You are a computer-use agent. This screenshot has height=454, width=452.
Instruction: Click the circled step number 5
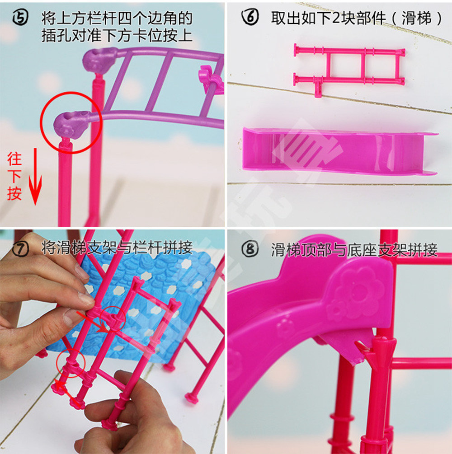click(20, 18)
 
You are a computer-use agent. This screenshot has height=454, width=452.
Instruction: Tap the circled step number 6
click(250, 17)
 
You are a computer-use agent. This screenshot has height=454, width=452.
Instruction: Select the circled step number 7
click(21, 248)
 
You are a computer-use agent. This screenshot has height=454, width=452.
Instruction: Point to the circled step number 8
click(250, 249)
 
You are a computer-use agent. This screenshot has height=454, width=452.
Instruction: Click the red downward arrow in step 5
click(35, 177)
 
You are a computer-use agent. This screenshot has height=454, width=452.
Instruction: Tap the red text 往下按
click(14, 176)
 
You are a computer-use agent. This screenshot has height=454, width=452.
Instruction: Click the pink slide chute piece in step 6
click(339, 150)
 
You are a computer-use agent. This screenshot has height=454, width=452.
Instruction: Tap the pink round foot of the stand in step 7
click(192, 397)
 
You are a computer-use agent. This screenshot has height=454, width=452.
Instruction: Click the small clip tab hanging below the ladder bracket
click(318, 88)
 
